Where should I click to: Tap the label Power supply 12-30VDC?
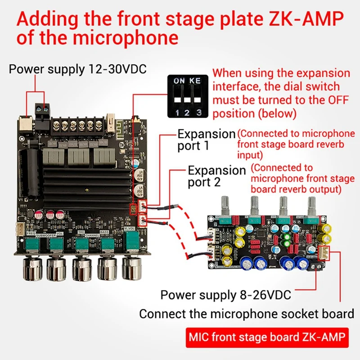(x=78, y=69)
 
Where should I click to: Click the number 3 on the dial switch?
(x=199, y=112)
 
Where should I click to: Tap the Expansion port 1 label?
(x=207, y=140)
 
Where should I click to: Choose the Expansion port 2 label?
(x=216, y=176)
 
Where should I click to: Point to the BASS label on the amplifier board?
(x=105, y=233)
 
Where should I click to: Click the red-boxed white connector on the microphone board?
(x=324, y=253)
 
